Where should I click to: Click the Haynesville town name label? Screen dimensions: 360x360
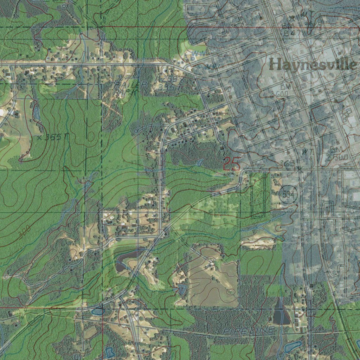(312, 65)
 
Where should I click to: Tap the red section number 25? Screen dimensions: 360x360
(232, 164)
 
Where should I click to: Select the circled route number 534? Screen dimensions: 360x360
(288, 194)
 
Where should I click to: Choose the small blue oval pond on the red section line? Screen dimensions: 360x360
(98, 311)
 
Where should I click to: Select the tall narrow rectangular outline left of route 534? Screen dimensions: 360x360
(259, 193)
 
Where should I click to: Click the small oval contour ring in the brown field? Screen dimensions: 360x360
(231, 291)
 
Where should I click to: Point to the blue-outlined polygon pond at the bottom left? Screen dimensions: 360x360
(109, 351)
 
